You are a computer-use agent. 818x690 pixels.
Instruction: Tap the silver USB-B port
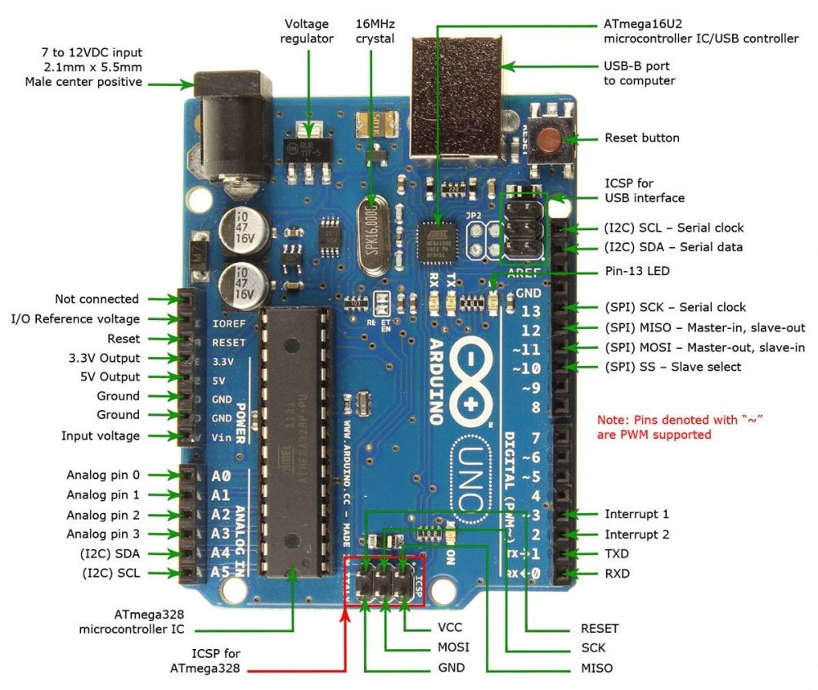[456, 98]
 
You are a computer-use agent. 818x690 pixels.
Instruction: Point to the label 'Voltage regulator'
[307, 31]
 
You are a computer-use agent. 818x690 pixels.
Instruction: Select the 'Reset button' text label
[641, 138]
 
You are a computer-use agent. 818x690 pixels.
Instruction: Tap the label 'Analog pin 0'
[102, 475]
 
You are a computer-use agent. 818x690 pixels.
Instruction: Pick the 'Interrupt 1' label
[636, 514]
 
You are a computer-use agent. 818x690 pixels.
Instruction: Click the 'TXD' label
[618, 554]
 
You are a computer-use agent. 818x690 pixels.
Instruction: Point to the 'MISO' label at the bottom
[597, 668]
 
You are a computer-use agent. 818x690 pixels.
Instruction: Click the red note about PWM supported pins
[654, 427]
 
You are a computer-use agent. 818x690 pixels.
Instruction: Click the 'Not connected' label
[97, 299]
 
